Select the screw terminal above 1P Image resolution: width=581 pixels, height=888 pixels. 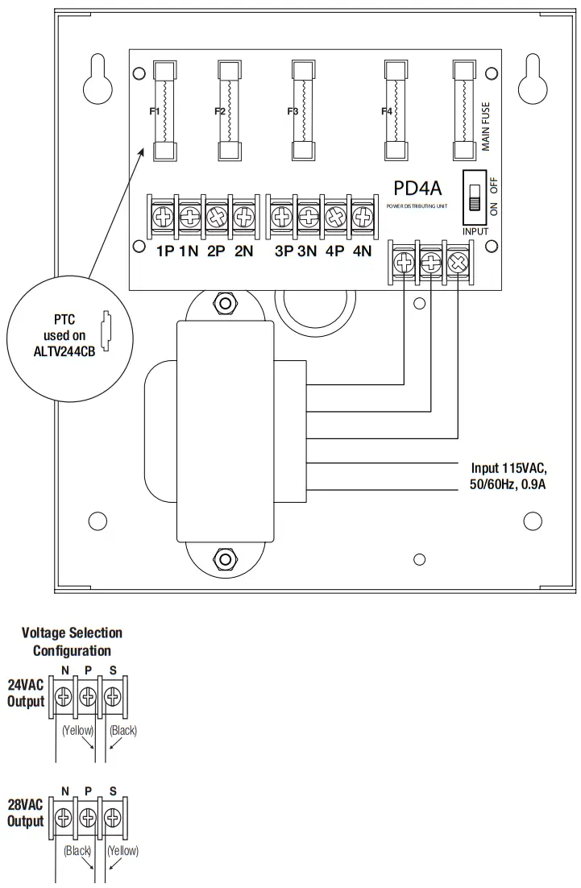pyautogui.click(x=164, y=216)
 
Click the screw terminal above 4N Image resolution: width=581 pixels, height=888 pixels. pyautogui.click(x=363, y=216)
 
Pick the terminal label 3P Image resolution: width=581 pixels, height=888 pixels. pyautogui.click(x=283, y=251)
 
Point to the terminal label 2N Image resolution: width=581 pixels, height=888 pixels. pyautogui.click(x=243, y=251)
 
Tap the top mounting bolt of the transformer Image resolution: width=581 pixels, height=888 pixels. pyautogui.click(x=220, y=305)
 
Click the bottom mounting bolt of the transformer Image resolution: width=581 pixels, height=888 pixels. pyautogui.click(x=220, y=558)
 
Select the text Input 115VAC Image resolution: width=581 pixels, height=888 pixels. pyautogui.click(x=508, y=467)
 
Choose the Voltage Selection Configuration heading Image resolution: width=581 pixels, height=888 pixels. pyautogui.click(x=72, y=641)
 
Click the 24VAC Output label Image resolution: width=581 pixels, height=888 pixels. pyautogui.click(x=26, y=693)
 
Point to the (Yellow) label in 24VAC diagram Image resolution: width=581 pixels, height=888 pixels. pyautogui.click(x=78, y=730)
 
